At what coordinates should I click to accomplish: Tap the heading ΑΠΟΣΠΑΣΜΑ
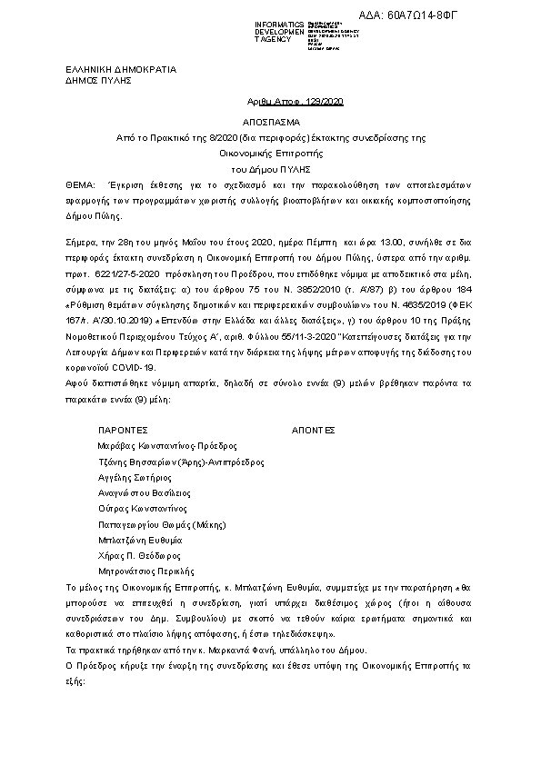[x=271, y=121]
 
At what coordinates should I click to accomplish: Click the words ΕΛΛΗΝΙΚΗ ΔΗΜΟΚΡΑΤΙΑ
[x=122, y=69]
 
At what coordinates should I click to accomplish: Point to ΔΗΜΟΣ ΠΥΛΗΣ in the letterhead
[x=99, y=80]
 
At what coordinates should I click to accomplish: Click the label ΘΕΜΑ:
[x=82, y=184]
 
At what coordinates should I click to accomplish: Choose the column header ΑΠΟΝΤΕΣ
[x=314, y=429]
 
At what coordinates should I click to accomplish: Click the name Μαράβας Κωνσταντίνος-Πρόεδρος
[x=167, y=446]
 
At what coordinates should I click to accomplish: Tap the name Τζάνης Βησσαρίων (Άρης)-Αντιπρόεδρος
[x=181, y=462]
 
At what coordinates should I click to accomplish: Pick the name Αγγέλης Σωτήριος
[x=135, y=477]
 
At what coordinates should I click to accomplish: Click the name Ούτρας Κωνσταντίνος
[x=142, y=509]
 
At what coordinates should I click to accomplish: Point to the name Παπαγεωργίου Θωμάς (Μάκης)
[x=161, y=524]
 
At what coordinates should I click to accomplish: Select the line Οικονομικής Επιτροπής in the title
[x=270, y=153]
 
